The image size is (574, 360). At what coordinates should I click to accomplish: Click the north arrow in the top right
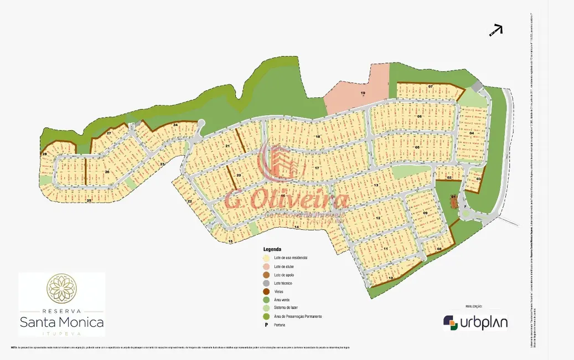click(x=496, y=30)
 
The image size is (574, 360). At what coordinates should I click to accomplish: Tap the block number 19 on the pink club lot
click(x=363, y=93)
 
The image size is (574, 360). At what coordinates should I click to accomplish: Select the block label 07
click(x=430, y=88)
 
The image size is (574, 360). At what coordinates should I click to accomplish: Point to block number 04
click(x=472, y=133)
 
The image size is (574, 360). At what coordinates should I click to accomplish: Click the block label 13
click(x=376, y=185)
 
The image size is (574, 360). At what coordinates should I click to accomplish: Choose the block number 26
click(x=107, y=172)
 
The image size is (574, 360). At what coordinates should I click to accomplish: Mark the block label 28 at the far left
click(x=44, y=154)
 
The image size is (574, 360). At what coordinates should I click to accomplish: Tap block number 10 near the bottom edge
click(x=391, y=278)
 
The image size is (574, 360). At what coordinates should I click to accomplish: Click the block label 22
click(x=189, y=201)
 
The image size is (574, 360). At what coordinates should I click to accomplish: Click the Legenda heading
click(x=272, y=249)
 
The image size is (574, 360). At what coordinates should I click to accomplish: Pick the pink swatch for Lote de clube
click(x=266, y=266)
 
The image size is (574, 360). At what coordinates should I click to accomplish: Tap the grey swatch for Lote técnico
click(x=266, y=283)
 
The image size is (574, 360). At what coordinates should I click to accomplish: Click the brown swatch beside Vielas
click(x=266, y=291)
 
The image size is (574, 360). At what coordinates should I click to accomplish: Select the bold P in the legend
click(x=266, y=325)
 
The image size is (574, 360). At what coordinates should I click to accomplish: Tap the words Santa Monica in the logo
click(x=61, y=321)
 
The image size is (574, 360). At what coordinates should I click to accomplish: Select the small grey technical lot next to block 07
click(x=477, y=87)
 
